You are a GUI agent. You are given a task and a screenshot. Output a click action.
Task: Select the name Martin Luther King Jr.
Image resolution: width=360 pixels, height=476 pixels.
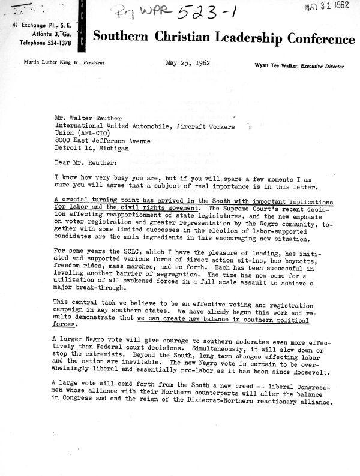(53, 62)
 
